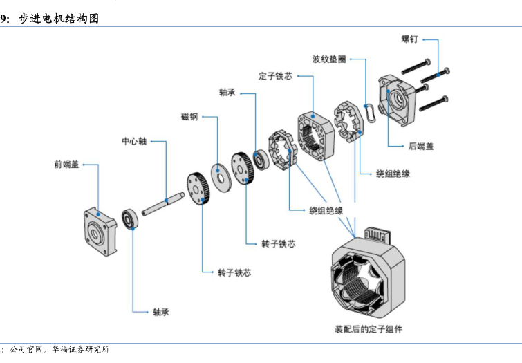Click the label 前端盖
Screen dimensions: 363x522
pyautogui.click(x=66, y=165)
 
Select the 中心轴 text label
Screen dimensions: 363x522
pyautogui.click(x=133, y=141)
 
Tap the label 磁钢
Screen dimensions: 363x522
pyautogui.click(x=189, y=117)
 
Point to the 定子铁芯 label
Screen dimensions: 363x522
pyautogui.click(x=275, y=75)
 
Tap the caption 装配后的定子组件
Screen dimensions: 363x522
pyautogui.click(x=368, y=328)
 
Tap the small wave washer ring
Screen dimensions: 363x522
pyautogui.click(x=371, y=111)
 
